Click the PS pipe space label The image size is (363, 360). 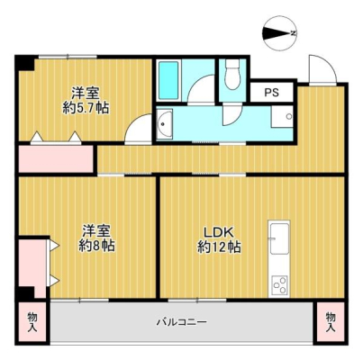tap(271, 93)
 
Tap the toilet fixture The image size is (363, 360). tap(232, 74)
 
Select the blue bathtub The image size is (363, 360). tap(168, 80)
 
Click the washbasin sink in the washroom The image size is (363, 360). tap(165, 124)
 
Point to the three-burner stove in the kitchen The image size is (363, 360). tap(279, 285)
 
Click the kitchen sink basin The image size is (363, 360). tap(279, 238)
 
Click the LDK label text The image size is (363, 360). tap(219, 233)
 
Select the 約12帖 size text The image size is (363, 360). tap(219, 247)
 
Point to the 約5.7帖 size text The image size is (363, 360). tap(86, 108)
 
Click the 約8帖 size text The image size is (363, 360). tap(96, 247)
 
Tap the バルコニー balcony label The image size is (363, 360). tap(182, 322)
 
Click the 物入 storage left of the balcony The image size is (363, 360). tap(32, 322)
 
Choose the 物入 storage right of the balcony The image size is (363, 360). tap(331, 322)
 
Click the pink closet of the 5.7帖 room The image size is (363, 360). tap(56, 158)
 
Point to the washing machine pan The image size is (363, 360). tap(282, 117)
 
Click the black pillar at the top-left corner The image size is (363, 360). tap(25, 63)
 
